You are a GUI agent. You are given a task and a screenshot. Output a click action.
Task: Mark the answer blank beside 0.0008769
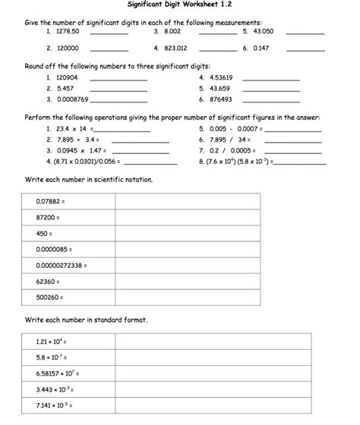118,99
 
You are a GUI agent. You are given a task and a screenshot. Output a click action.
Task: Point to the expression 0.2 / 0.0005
232,151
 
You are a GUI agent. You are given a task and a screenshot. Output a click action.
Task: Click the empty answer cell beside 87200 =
213,217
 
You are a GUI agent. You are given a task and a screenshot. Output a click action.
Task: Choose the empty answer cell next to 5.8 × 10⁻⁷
213,357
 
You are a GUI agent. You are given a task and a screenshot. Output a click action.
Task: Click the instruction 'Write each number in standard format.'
86,320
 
